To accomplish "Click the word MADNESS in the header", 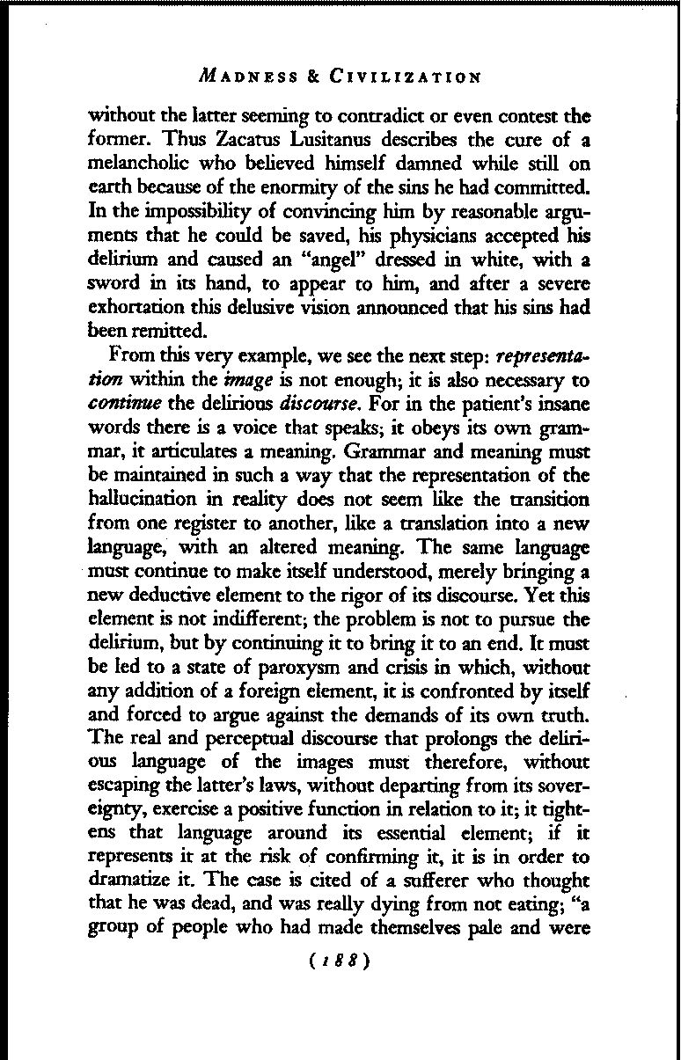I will [x=240, y=77].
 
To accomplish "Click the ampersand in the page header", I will [x=313, y=77].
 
